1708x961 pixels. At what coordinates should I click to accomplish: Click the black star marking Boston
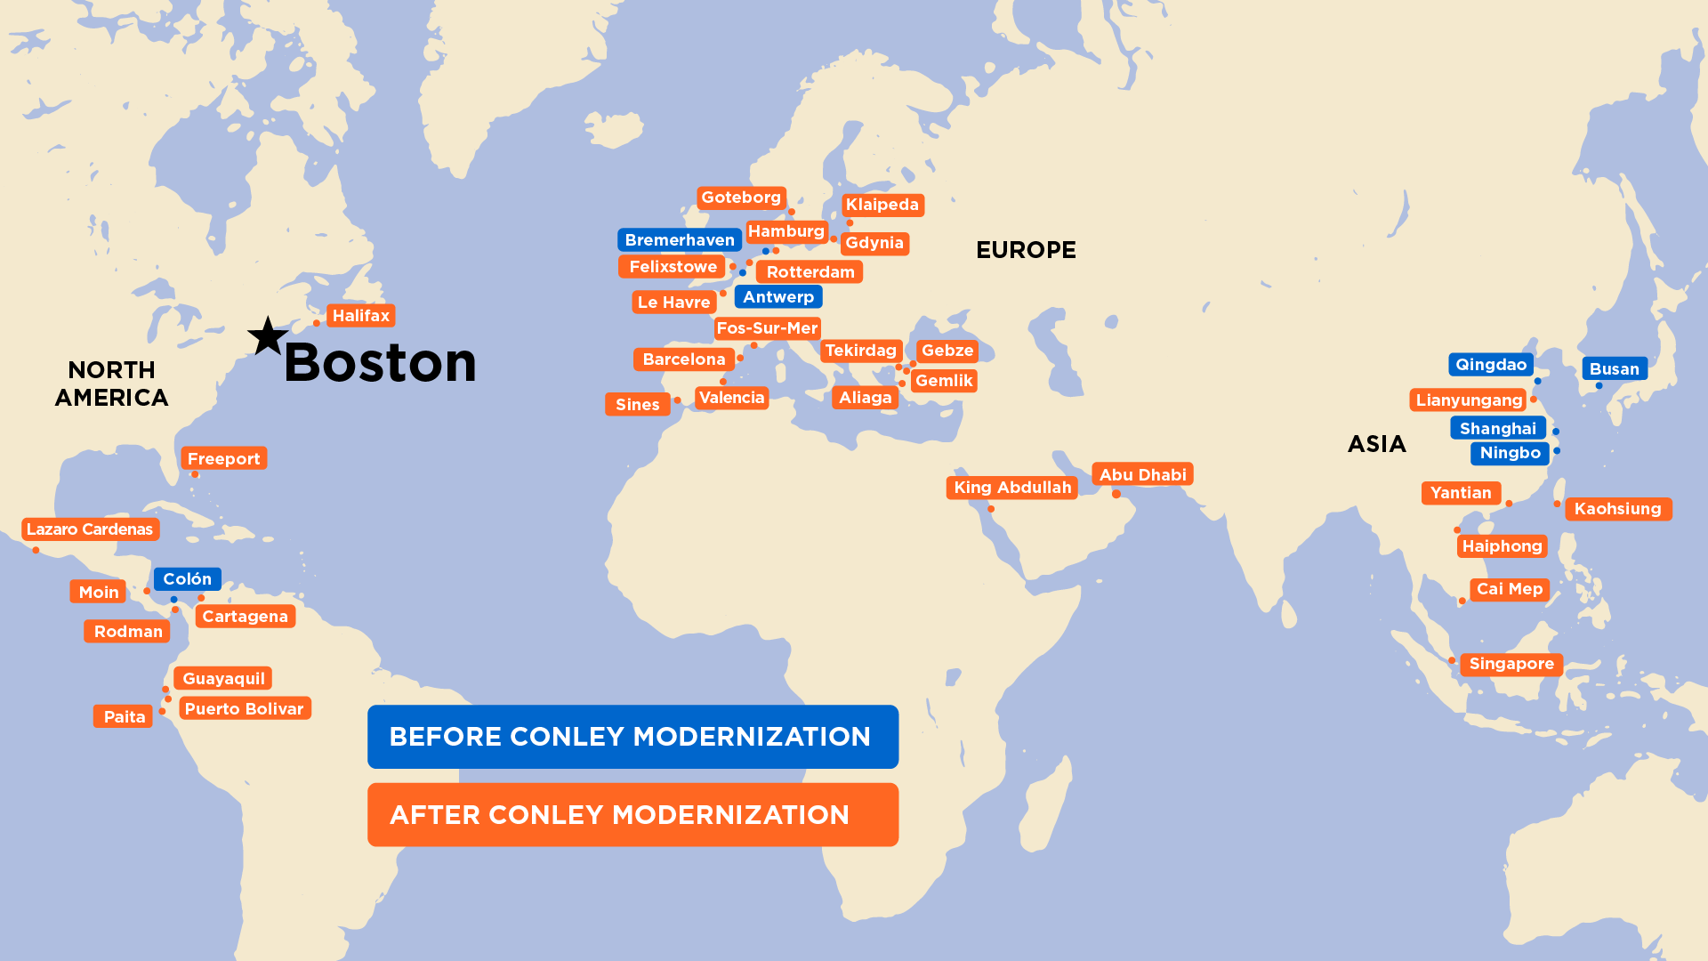[267, 337]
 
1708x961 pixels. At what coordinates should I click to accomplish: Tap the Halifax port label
[360, 316]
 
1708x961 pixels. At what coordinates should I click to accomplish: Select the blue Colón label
[187, 579]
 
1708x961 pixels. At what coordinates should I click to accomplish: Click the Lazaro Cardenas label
[90, 529]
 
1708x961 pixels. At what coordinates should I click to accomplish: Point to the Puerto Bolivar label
[245, 709]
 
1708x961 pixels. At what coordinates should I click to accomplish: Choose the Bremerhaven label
[680, 240]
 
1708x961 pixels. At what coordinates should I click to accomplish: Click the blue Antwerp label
[778, 297]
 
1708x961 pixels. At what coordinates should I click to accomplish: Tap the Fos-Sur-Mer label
[767, 328]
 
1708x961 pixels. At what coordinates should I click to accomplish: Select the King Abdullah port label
[1012, 488]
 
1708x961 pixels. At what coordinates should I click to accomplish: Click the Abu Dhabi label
[1142, 475]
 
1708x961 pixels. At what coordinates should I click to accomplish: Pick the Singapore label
[1511, 664]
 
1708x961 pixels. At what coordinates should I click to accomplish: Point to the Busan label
[1614, 369]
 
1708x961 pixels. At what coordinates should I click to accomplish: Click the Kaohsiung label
[1617, 509]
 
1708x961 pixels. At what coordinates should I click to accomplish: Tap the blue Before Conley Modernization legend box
[632, 737]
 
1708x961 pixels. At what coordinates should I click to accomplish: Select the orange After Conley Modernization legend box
[632, 815]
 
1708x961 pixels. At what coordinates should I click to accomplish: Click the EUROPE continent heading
[1026, 250]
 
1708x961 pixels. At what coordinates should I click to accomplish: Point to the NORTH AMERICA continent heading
[112, 384]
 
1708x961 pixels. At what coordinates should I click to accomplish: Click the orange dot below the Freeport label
[195, 474]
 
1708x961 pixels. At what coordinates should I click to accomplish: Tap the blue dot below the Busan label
[1599, 386]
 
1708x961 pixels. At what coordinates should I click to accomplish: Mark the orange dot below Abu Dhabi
[1116, 494]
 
